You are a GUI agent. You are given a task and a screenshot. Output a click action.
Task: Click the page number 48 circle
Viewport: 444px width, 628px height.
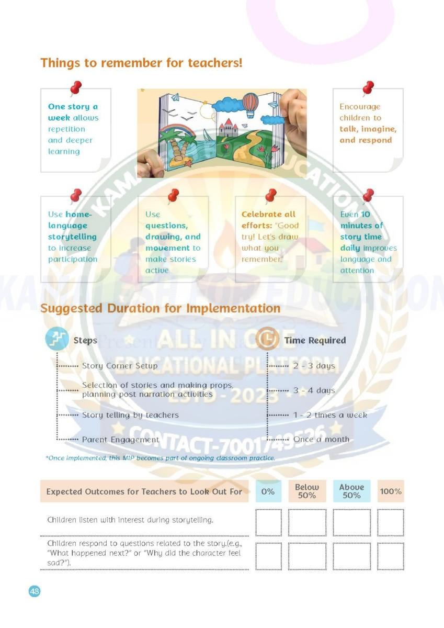tap(35, 591)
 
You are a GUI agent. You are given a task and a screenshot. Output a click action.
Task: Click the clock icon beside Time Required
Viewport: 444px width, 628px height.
tap(267, 340)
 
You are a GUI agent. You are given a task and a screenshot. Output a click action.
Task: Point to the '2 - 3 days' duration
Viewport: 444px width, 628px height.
tap(314, 365)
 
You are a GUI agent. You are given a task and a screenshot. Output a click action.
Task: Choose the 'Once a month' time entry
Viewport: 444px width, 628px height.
tap(321, 440)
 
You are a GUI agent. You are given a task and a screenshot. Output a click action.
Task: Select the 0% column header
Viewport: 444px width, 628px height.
tap(268, 491)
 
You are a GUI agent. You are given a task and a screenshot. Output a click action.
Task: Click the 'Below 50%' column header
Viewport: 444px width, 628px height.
tap(306, 491)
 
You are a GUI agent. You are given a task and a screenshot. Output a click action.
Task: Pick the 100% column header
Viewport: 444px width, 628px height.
tap(391, 491)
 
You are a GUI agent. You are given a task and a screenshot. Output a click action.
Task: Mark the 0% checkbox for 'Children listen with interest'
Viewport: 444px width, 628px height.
tap(268, 522)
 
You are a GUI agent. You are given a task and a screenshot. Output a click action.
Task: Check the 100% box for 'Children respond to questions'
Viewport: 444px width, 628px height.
tap(391, 556)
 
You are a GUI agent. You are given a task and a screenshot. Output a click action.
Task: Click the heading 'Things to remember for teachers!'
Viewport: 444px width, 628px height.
tap(141, 63)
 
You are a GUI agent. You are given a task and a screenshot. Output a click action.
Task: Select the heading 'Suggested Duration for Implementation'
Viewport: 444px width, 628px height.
tap(160, 308)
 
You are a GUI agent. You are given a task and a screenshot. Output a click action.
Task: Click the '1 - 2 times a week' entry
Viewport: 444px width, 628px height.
tap(330, 415)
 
